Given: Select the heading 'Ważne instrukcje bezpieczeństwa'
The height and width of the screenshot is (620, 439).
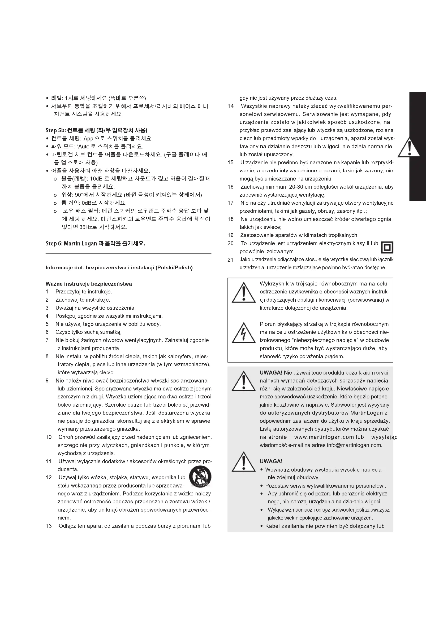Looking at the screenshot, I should click(x=89, y=284).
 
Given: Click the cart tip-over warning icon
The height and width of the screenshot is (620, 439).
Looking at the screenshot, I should click(x=200, y=477).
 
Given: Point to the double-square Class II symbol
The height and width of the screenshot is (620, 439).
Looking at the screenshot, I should click(x=387, y=247).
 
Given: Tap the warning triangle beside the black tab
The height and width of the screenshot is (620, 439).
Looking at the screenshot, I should click(x=409, y=147).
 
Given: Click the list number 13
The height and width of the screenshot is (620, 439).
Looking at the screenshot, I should click(x=49, y=526).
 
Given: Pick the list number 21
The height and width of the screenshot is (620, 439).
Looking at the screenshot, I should click(x=230, y=260).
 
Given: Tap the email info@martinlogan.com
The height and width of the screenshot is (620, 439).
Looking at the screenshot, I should click(x=354, y=445).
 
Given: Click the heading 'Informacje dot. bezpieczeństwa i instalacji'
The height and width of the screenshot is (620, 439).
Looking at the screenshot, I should click(x=119, y=268).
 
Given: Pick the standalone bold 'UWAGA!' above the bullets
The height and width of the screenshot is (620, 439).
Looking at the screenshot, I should click(x=271, y=461).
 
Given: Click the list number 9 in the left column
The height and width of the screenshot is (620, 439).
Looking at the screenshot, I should click(x=47, y=381).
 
